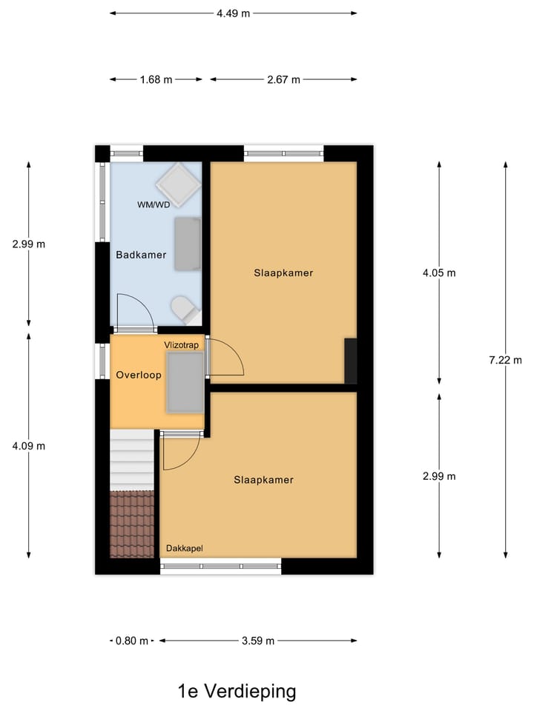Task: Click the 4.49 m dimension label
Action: [x=233, y=13]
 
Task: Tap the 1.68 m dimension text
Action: [x=156, y=80]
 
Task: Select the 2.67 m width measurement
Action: [x=284, y=80]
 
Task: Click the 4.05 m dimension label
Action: [x=439, y=273]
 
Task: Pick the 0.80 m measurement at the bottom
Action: [x=133, y=641]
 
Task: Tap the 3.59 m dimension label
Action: [x=259, y=641]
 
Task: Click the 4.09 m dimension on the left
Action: [x=29, y=446]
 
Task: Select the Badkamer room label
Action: [x=141, y=255]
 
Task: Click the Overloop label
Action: [x=139, y=375]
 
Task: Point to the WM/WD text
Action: [x=153, y=204]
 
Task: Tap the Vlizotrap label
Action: [x=182, y=345]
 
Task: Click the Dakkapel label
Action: [x=184, y=549]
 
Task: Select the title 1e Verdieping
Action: [x=237, y=692]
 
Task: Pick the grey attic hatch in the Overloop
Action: [x=185, y=382]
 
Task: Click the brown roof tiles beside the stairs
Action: [x=132, y=523]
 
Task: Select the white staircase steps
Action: [x=132, y=459]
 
